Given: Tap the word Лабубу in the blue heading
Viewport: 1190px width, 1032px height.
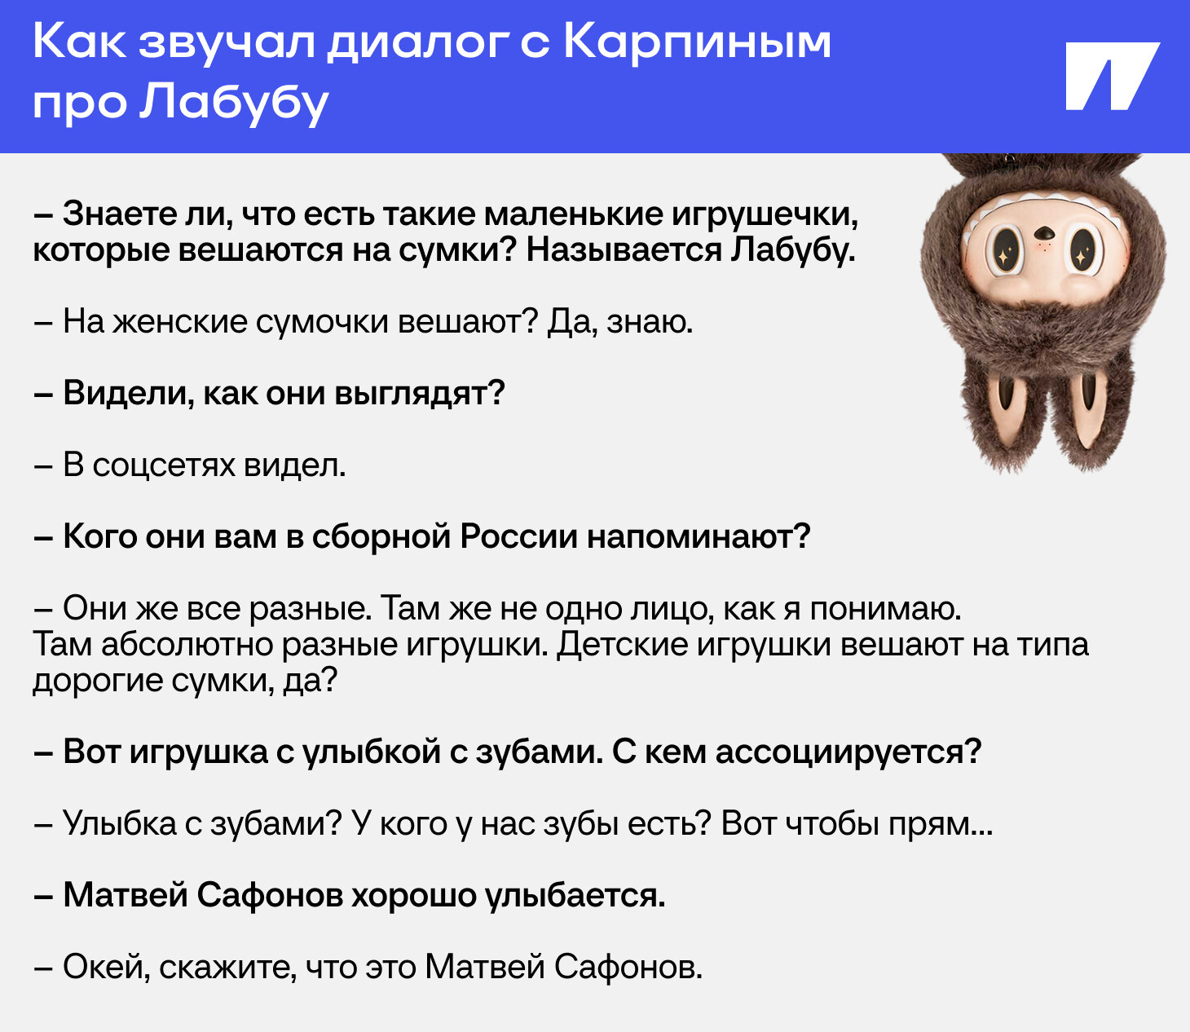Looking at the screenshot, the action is tap(234, 104).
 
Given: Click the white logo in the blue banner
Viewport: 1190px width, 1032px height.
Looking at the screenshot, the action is tap(1113, 76).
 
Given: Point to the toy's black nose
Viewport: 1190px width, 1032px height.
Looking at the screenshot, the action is tap(1044, 234).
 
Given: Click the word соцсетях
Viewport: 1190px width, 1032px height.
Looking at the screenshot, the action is tap(164, 465).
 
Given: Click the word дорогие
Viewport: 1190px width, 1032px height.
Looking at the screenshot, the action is tap(98, 681).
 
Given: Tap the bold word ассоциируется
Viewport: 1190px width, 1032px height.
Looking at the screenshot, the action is tap(848, 752).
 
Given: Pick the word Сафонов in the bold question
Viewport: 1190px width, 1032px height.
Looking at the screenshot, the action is tap(270, 896).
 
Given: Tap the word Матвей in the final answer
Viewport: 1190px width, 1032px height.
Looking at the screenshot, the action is tap(485, 968).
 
